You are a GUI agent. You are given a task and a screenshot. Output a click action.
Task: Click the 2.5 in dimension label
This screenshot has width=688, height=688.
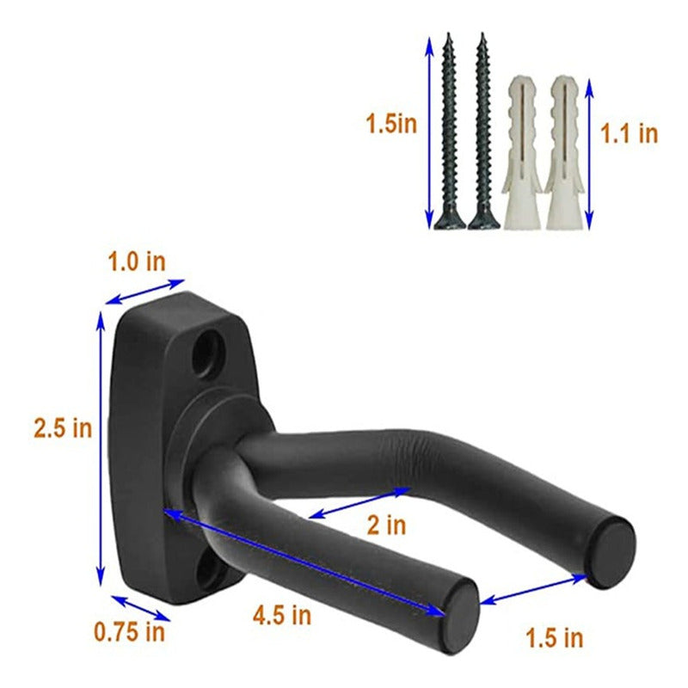63,427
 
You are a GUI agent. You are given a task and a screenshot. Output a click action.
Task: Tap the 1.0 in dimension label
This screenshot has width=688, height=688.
137,262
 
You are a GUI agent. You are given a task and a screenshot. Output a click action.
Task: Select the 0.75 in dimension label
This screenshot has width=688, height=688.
130,632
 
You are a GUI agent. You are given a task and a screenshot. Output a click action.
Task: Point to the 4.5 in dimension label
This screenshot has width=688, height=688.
282,615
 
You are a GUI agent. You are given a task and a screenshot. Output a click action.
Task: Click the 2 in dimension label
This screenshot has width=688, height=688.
386,525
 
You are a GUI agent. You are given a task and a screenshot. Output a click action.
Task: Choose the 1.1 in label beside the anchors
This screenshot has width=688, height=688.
630,133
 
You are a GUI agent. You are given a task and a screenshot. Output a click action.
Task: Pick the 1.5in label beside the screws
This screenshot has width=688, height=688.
391,124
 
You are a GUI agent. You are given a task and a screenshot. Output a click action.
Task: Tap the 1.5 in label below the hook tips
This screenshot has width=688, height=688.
555,638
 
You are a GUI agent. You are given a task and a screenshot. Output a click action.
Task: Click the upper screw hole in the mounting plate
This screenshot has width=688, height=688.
207,353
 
